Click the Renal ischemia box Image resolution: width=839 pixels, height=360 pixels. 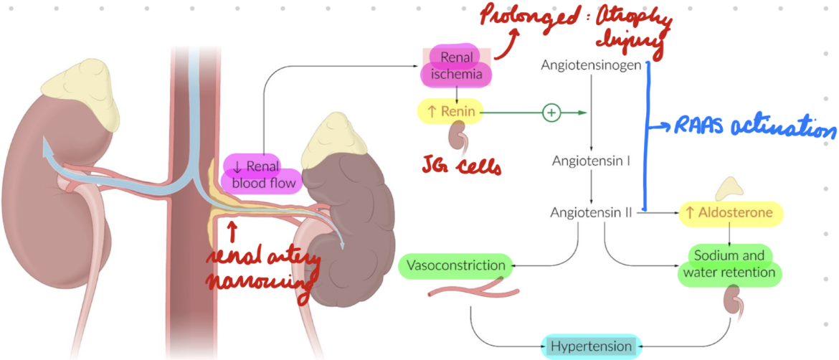point(457,65)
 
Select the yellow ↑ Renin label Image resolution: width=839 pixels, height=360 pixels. point(450,111)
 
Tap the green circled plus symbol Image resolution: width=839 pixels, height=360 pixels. point(551,112)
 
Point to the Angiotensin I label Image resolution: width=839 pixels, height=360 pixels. point(590,161)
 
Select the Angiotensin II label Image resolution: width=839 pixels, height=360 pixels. point(590,212)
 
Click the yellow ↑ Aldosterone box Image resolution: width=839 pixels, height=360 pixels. point(729,213)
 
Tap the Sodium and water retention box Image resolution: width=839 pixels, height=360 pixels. point(729,264)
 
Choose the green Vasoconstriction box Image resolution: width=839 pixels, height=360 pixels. point(455,266)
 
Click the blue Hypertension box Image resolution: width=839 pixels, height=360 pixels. point(591,346)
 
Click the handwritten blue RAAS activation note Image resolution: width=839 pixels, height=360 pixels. point(752,128)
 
